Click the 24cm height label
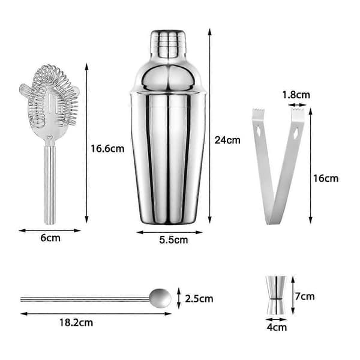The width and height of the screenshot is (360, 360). click(227, 140)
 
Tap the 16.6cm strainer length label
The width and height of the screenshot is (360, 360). click(107, 149)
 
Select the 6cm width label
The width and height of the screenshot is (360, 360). click(50, 238)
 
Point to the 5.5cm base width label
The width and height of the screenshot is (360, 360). click(173, 240)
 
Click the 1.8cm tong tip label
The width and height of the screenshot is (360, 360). click(296, 95)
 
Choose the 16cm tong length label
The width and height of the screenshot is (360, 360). click(326, 178)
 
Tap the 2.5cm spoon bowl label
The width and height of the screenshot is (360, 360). click(199, 299)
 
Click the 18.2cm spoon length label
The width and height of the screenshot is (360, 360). click(76, 323)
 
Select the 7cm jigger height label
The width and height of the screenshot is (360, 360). click(305, 296)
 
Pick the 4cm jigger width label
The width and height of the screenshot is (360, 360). click(277, 327)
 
